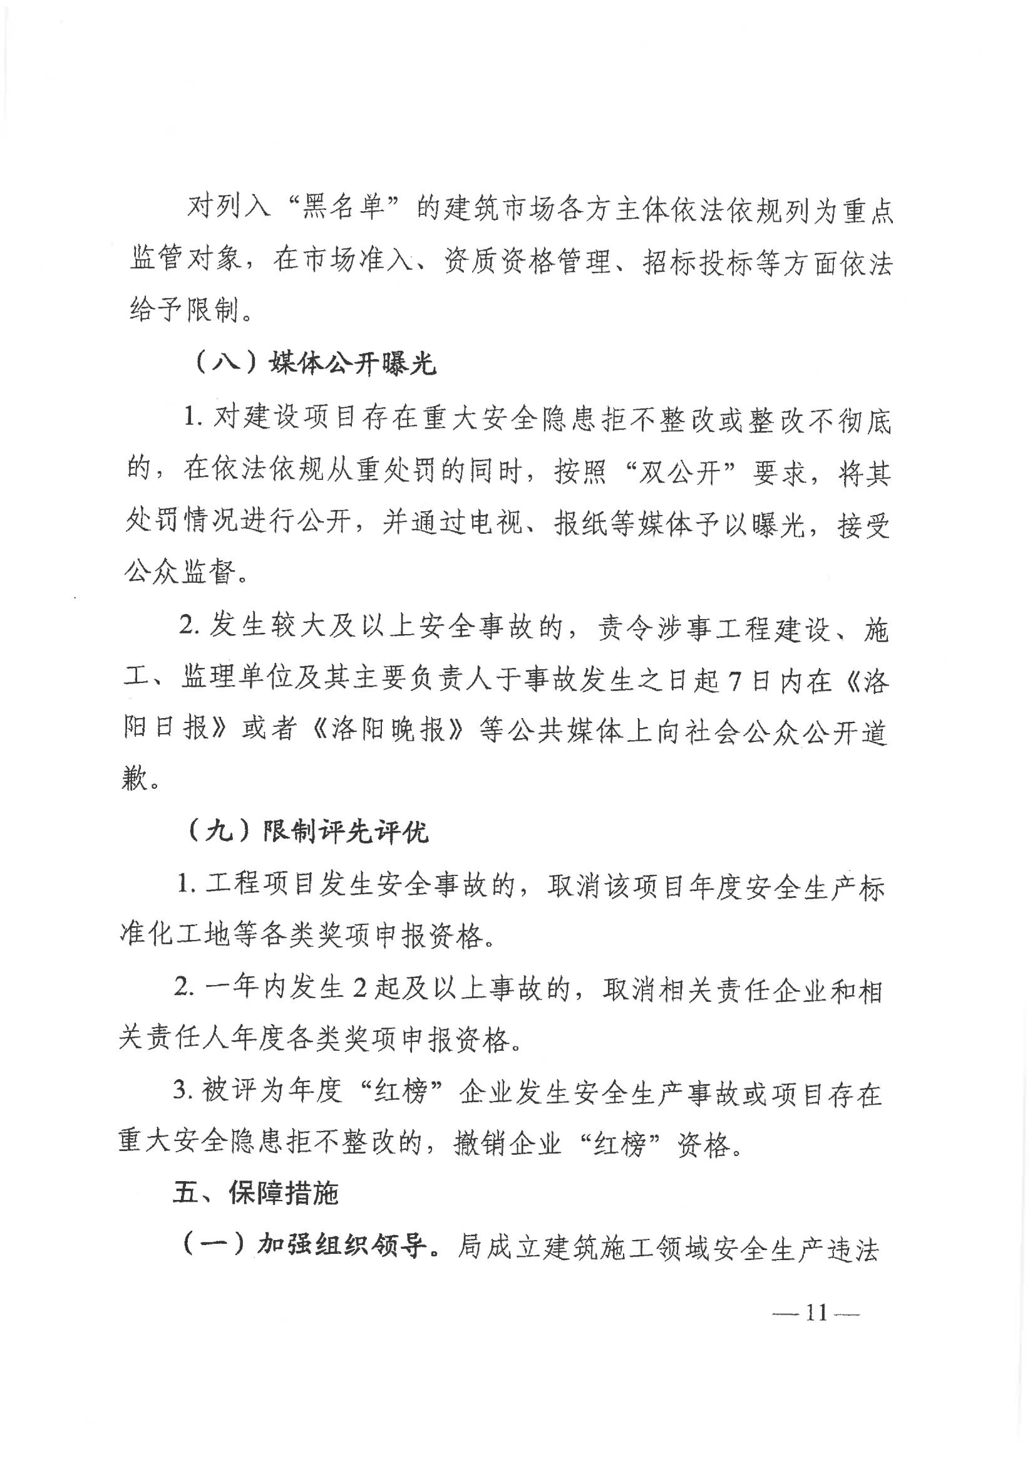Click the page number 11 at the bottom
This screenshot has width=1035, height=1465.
(817, 1313)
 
